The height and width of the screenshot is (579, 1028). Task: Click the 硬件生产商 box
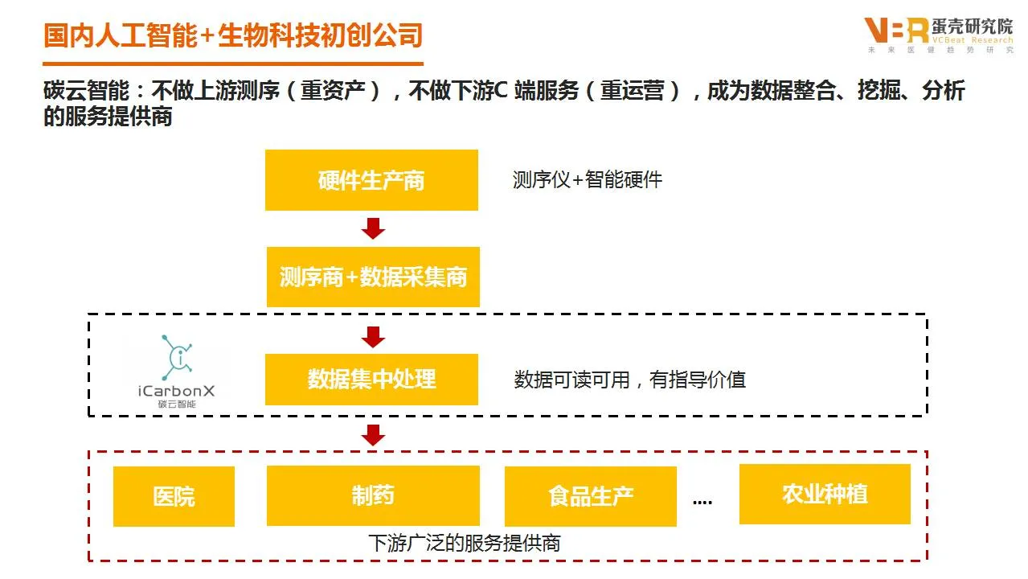[x=371, y=180]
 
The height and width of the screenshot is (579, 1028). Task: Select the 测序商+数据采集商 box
[x=373, y=277]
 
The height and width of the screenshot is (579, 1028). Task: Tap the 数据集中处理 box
[x=371, y=379]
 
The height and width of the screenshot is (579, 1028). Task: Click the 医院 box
[x=174, y=496]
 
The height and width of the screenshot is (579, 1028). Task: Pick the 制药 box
[x=373, y=495]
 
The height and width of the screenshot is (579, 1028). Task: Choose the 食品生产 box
[x=590, y=496]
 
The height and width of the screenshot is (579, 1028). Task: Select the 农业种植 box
[x=825, y=494]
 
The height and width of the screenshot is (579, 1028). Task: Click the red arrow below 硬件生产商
[x=373, y=229]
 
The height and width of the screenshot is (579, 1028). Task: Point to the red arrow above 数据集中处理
[x=373, y=337]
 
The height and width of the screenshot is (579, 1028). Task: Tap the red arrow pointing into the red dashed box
[x=373, y=435]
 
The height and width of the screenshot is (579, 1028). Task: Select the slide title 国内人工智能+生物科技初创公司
[x=233, y=36]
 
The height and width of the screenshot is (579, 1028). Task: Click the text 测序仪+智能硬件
[x=588, y=179]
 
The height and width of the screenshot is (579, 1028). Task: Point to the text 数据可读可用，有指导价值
[x=629, y=380]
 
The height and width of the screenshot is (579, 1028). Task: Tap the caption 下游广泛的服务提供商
[x=464, y=543]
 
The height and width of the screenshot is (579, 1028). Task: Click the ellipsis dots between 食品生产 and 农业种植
[x=702, y=501]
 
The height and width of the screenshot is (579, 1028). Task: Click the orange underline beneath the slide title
[x=233, y=64]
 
